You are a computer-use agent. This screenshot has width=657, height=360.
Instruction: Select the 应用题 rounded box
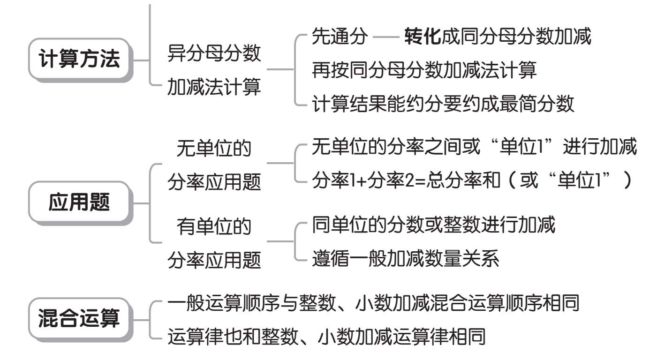click(x=80, y=202)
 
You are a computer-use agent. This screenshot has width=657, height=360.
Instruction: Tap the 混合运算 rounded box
click(x=80, y=319)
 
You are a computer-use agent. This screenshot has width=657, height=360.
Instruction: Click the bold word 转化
click(x=423, y=37)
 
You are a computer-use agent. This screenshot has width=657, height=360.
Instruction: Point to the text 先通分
click(x=340, y=37)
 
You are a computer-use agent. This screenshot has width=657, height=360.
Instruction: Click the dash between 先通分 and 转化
click(x=385, y=37)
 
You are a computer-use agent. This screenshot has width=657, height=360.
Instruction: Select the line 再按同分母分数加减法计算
click(x=424, y=70)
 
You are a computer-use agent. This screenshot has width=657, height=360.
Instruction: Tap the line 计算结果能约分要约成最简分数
click(x=443, y=104)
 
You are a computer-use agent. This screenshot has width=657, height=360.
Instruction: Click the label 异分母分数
click(x=214, y=53)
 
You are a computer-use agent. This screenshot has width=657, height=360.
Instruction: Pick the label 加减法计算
click(x=214, y=87)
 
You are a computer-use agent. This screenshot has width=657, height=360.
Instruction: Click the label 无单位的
click(x=214, y=148)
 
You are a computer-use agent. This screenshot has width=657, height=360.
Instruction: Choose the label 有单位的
click(x=214, y=226)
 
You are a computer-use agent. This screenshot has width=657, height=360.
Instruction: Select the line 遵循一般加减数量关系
click(x=405, y=259)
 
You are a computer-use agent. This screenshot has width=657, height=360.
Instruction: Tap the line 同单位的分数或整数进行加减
click(x=433, y=225)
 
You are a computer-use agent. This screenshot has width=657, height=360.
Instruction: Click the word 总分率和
click(x=463, y=180)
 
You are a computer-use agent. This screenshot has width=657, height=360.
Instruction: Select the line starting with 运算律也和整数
click(x=326, y=337)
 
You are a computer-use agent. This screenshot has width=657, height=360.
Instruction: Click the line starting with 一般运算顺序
click(x=373, y=303)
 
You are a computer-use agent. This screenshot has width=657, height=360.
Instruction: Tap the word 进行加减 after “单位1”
click(x=600, y=147)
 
